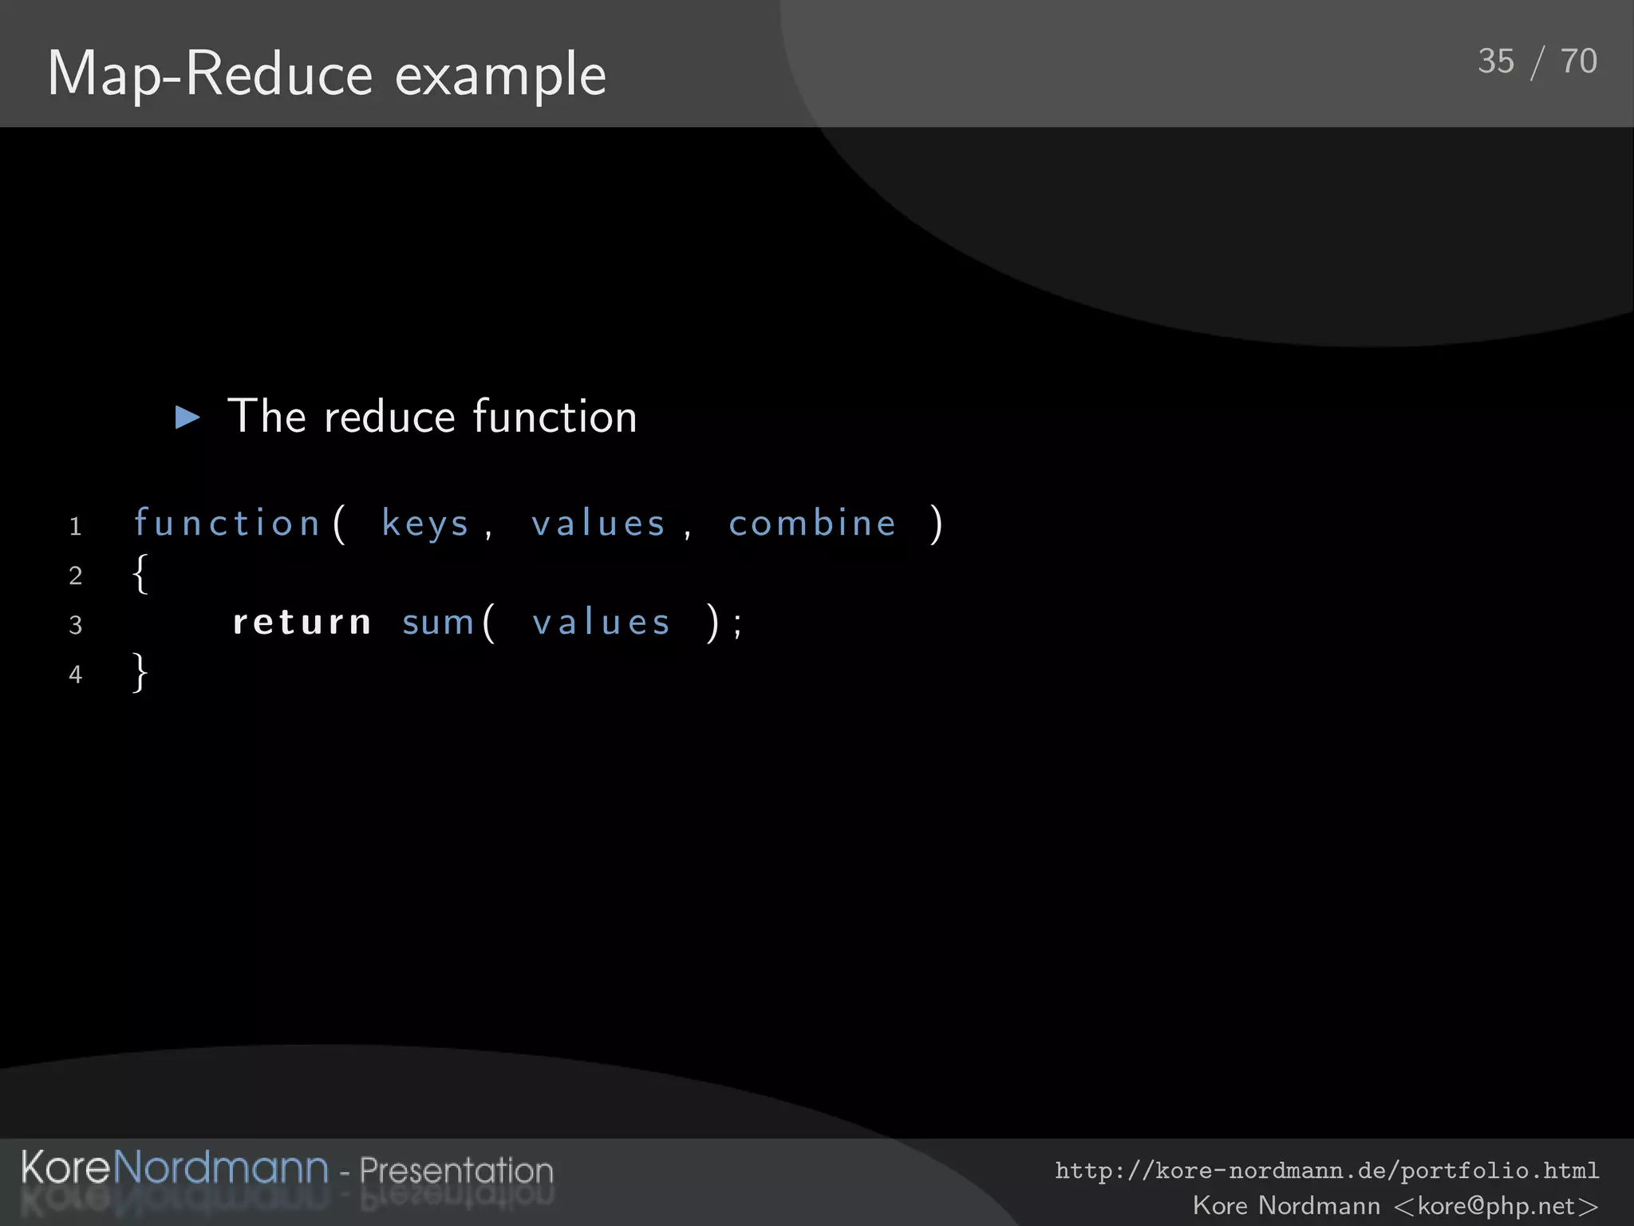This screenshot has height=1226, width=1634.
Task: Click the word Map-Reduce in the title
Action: (210, 75)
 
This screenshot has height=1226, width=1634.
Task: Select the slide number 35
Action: (1495, 61)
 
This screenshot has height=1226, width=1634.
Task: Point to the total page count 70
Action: (1578, 61)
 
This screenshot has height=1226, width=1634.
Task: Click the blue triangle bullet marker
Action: (187, 417)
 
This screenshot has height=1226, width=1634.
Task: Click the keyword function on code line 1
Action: (227, 524)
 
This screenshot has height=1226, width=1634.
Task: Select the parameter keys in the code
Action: (425, 524)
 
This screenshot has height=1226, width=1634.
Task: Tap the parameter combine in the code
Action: (812, 524)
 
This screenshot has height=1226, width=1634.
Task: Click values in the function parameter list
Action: (598, 524)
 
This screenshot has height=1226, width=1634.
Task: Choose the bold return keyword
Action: (302, 623)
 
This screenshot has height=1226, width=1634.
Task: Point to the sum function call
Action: (438, 623)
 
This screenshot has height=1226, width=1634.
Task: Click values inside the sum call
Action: (601, 623)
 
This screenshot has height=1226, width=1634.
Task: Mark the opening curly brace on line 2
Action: (140, 574)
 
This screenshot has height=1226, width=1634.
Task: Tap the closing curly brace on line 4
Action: (140, 672)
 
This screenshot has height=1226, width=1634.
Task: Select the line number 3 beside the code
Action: (76, 624)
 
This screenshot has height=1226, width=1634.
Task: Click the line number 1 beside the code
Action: (76, 527)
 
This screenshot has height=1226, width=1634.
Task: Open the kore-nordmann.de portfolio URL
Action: (1327, 1171)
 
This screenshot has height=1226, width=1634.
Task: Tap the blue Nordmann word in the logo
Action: (220, 1168)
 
